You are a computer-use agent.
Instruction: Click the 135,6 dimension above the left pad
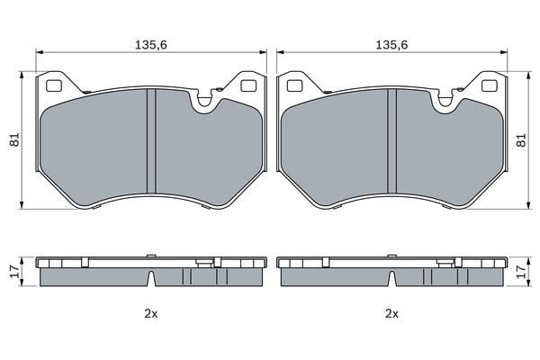point(151,45)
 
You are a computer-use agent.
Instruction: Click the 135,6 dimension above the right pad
point(391,45)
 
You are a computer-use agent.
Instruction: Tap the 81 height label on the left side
point(15,139)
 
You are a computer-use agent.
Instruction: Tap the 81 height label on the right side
point(521,139)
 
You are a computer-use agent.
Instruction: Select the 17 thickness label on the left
point(13,272)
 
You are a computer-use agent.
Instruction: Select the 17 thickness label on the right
point(522,272)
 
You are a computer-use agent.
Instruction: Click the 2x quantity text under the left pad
point(151,313)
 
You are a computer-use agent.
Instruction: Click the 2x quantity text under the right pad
point(391,313)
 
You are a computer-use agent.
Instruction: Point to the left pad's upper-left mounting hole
point(54,85)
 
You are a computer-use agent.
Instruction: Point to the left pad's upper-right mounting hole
point(248,85)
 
